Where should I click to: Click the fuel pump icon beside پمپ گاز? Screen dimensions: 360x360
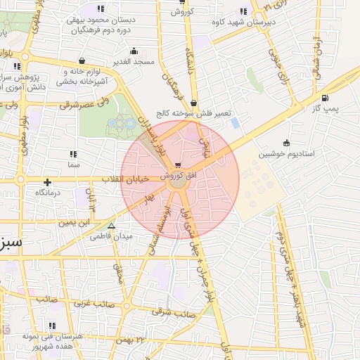(324, 98)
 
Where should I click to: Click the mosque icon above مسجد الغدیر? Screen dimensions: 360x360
(134, 51)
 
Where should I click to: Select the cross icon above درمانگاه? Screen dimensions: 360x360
(47, 182)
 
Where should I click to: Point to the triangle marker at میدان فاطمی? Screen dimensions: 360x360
(111, 226)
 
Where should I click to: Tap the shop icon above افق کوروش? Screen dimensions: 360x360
(186, 165)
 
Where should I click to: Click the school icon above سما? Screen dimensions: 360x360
(74, 154)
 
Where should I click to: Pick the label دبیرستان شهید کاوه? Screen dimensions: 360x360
(243, 21)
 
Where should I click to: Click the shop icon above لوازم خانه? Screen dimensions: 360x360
(84, 61)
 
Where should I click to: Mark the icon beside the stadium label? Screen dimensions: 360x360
(285, 143)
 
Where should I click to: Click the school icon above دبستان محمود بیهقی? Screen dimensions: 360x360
(101, 10)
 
